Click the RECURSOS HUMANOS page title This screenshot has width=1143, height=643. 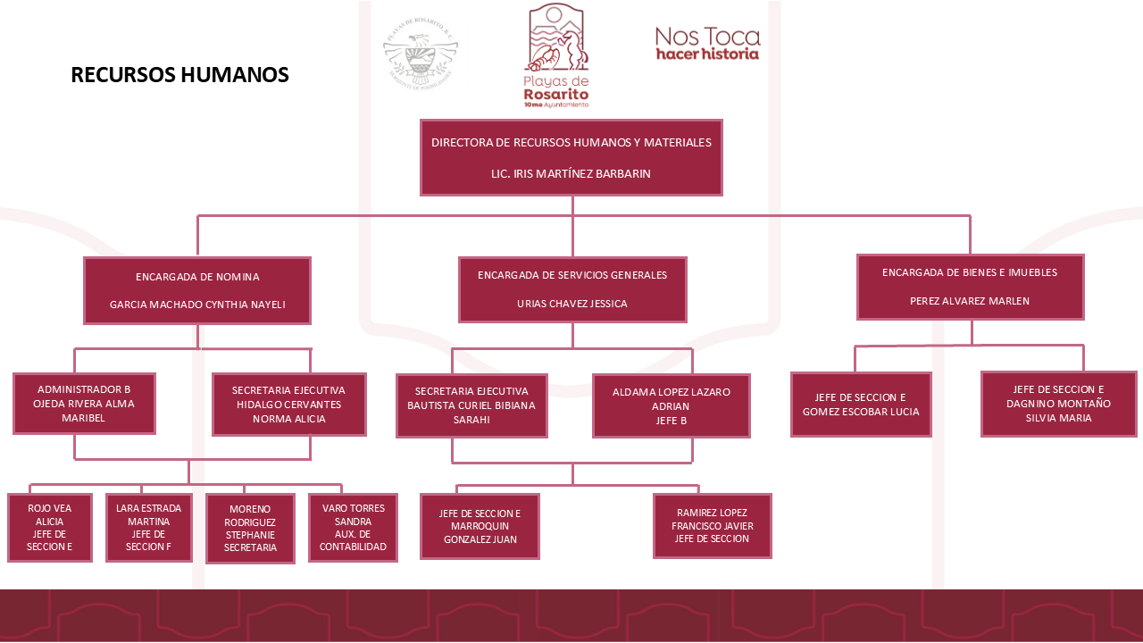(179, 75)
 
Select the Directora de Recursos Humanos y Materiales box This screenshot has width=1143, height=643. (571, 157)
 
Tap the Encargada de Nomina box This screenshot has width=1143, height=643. (197, 290)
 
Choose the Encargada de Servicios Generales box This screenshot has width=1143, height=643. (572, 289)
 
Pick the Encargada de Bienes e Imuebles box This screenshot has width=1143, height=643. (970, 287)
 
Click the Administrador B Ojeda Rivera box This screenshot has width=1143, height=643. (84, 404)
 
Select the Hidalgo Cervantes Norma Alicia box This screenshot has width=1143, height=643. (288, 404)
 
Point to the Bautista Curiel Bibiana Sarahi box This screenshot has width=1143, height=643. (471, 405)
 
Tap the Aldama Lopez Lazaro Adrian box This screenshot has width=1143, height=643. (671, 405)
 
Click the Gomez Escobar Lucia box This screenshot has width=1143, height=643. (861, 405)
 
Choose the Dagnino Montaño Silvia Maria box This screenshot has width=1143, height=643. (1058, 404)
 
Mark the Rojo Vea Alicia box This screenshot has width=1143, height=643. (50, 527)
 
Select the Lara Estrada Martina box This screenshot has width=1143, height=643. (149, 527)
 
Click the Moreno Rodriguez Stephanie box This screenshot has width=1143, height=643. (250, 528)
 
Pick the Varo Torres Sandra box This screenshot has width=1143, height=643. (353, 527)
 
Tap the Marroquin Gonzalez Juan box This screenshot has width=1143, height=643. (480, 526)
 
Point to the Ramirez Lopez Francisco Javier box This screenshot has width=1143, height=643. (712, 525)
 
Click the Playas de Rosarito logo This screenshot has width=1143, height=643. (556, 55)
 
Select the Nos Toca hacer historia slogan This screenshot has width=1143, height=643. (707, 43)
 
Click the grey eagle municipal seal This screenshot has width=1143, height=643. (420, 54)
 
